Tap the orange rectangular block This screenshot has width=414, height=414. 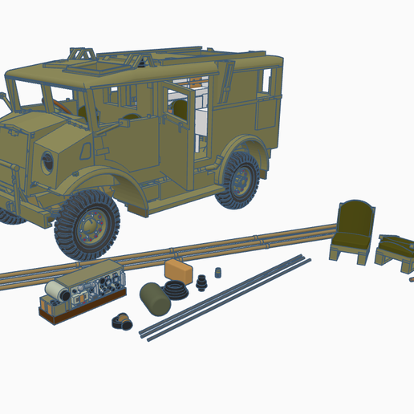coord(178,270)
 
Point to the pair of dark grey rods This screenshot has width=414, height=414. coord(225,296)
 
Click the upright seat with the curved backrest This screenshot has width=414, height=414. coord(353,232)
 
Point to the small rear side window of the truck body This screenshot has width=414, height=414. coord(266,81)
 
